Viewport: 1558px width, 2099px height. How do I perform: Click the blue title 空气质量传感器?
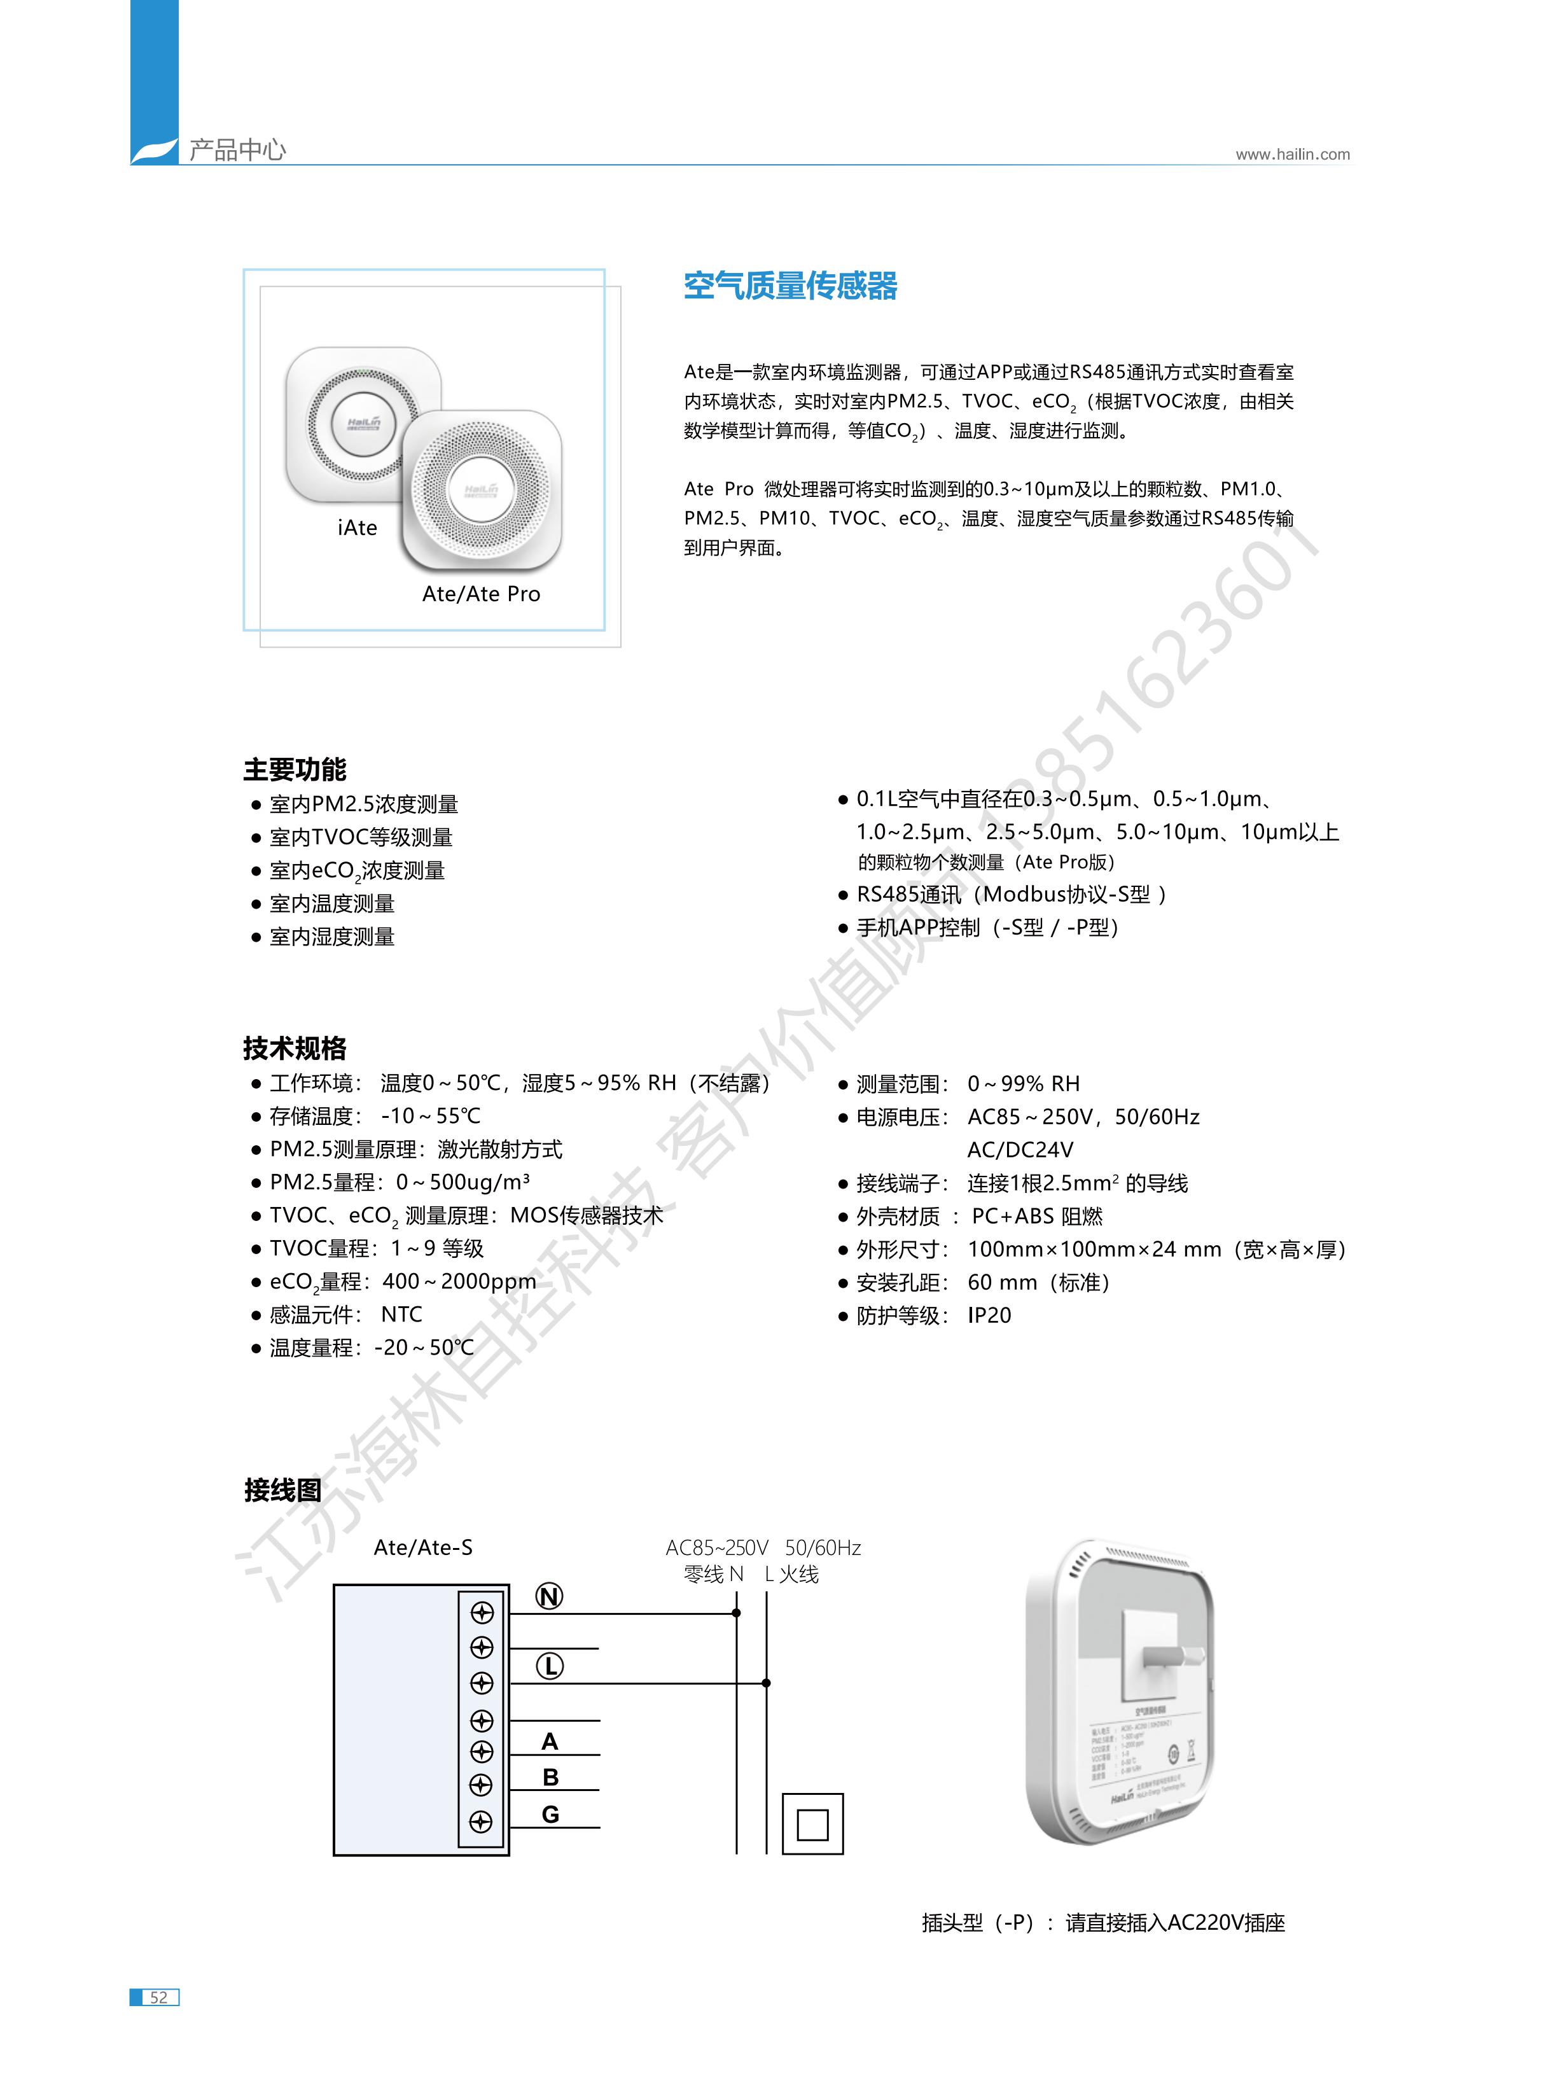point(790,286)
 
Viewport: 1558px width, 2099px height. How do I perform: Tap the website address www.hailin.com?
point(1292,155)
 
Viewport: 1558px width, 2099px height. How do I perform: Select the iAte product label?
point(358,528)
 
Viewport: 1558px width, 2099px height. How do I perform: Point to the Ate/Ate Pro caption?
point(481,594)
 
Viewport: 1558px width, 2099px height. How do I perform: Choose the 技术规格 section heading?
point(295,1048)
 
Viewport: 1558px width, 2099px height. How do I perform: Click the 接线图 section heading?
point(283,1490)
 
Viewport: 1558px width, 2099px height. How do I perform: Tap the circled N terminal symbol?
point(549,1596)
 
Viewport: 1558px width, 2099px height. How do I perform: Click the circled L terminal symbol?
point(550,1666)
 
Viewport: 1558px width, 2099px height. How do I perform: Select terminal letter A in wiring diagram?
point(550,1741)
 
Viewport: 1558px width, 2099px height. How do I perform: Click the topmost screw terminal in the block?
point(482,1614)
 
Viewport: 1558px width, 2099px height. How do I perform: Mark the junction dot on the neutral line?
point(737,1614)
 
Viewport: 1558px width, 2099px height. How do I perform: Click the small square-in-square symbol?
point(812,1825)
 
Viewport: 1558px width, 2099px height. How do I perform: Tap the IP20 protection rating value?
point(989,1315)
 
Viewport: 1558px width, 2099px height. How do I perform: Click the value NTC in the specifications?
point(402,1314)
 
